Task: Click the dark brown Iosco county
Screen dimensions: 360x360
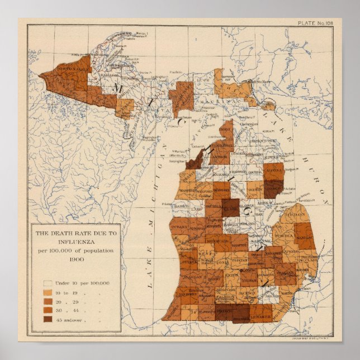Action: click(x=274, y=188)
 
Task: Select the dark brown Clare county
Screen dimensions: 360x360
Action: click(x=230, y=207)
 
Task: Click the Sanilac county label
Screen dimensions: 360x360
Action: click(x=305, y=238)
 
